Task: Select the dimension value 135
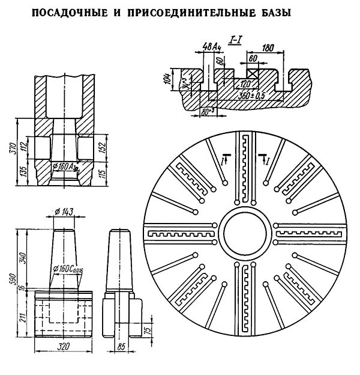coord(23,172)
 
